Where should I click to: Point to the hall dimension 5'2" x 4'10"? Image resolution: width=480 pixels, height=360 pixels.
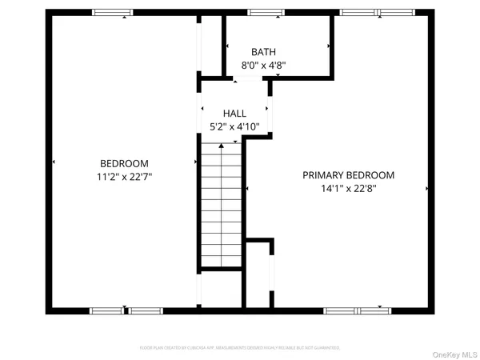click(235, 127)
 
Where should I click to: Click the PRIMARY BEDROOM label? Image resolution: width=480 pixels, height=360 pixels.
click(348, 175)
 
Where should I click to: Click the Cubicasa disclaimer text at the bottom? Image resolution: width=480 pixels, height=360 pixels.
click(240, 348)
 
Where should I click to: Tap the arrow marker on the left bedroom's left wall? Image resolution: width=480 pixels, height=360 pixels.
click(54, 162)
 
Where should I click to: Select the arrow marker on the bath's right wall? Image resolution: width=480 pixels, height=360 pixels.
click(329, 48)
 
